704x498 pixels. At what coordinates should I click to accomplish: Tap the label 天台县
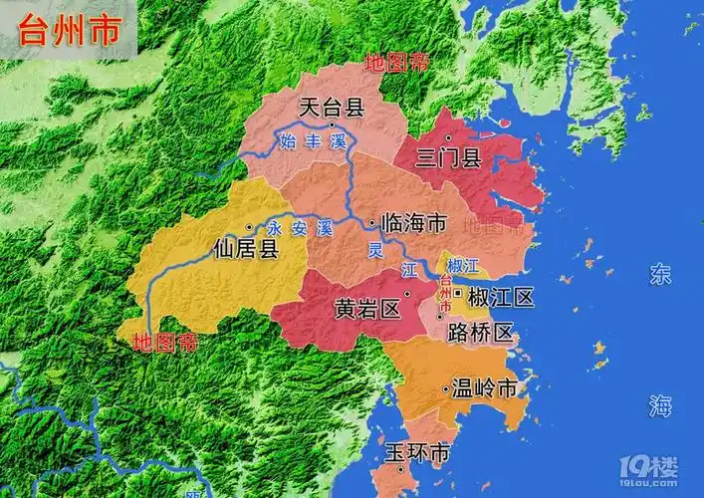click(x=332, y=107)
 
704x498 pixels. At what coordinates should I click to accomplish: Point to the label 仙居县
click(x=246, y=248)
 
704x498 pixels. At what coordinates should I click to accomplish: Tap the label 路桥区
click(x=480, y=332)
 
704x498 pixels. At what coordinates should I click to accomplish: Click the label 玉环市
click(x=416, y=454)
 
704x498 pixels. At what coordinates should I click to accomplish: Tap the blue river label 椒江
click(x=463, y=265)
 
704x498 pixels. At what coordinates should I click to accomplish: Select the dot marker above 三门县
click(x=450, y=137)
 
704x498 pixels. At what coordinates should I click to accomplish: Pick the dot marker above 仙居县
click(x=248, y=228)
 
